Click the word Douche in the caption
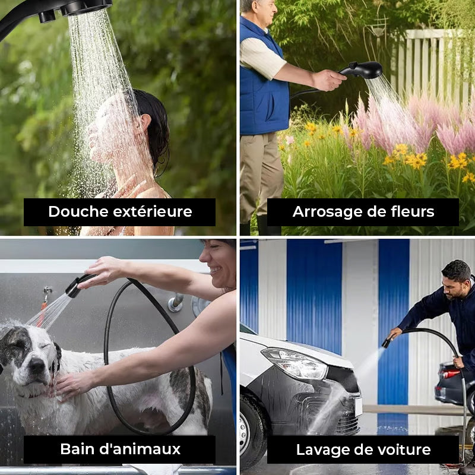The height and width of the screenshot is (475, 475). click(74, 212)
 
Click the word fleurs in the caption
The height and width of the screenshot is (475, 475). click(410, 212)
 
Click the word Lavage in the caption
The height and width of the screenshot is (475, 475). click(322, 449)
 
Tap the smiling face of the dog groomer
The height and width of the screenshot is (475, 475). click(220, 261)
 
